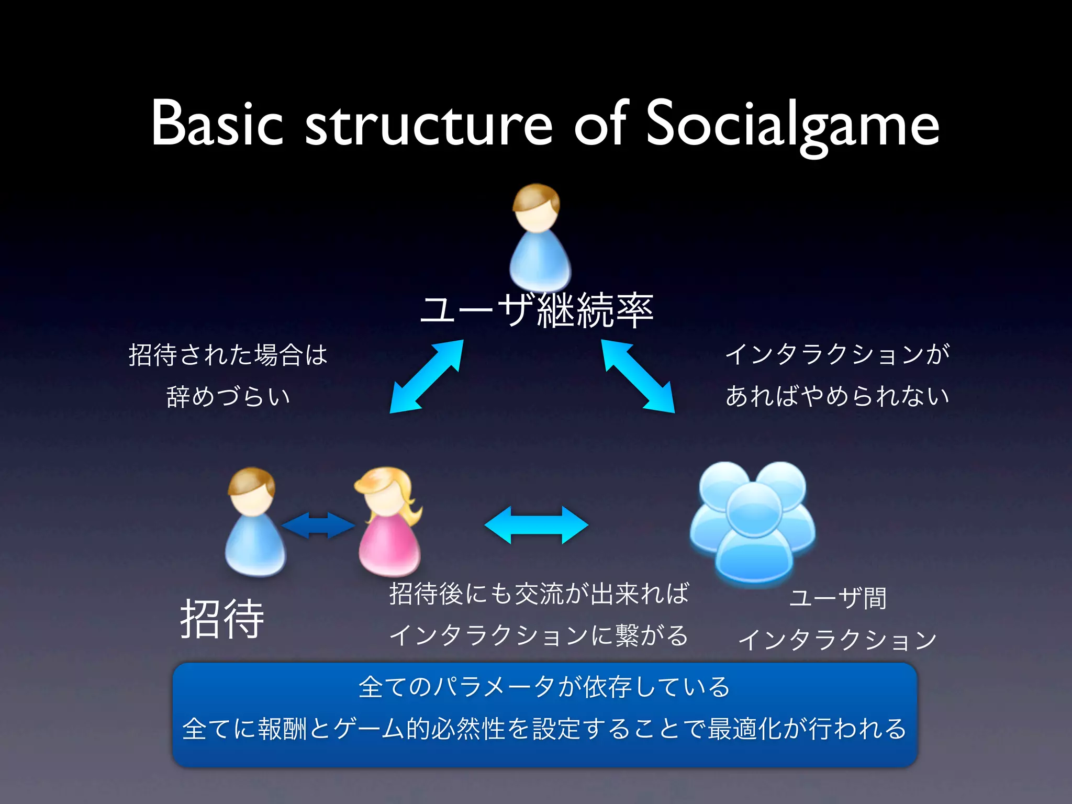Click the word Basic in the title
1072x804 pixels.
coord(217,123)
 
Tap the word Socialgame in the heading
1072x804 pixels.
coord(792,126)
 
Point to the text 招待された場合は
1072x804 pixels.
coord(228,355)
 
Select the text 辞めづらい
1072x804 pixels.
coord(228,396)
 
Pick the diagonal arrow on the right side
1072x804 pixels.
coord(638,376)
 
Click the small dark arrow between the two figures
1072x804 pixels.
coord(318,525)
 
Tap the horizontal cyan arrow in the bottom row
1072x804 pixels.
coord(537,524)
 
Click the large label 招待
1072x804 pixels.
coord(222,619)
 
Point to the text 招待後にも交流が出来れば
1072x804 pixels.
coord(539,594)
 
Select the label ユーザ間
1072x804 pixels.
coord(837,598)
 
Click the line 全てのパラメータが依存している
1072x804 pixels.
coord(544,687)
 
